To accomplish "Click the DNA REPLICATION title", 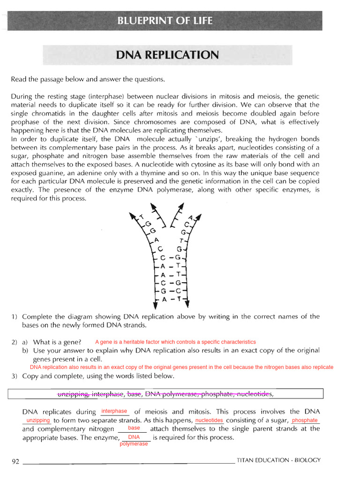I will [167, 55].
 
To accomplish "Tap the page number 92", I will [15, 461].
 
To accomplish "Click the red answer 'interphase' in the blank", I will [114, 411].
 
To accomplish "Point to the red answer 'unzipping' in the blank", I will [38, 420].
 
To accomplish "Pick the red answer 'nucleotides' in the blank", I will [209, 420].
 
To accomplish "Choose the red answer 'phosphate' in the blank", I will [305, 420].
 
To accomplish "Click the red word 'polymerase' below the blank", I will [134, 444].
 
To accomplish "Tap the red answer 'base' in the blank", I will [134, 428].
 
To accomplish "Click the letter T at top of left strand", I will [142, 217].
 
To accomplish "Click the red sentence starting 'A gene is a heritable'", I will [175, 342].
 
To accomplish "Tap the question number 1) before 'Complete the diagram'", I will [15, 316].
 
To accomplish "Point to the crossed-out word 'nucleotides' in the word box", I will [252, 394].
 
